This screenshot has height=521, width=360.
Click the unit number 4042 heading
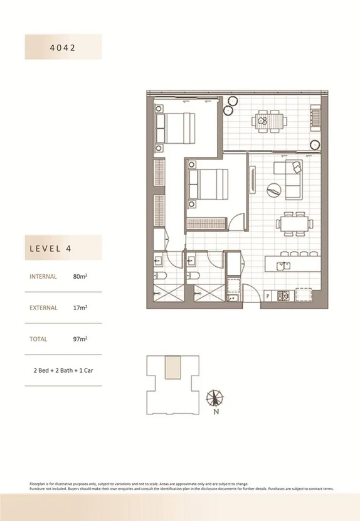point(63,47)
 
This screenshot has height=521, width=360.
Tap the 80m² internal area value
point(80,276)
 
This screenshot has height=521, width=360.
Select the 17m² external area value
point(80,308)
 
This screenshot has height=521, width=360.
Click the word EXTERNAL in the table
point(43,308)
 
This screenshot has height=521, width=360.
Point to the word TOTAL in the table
point(38,339)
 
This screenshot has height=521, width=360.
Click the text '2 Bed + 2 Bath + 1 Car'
point(63,370)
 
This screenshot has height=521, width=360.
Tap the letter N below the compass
point(215,414)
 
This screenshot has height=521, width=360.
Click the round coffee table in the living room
point(273,188)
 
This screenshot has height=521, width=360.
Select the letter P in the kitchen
point(268,294)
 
